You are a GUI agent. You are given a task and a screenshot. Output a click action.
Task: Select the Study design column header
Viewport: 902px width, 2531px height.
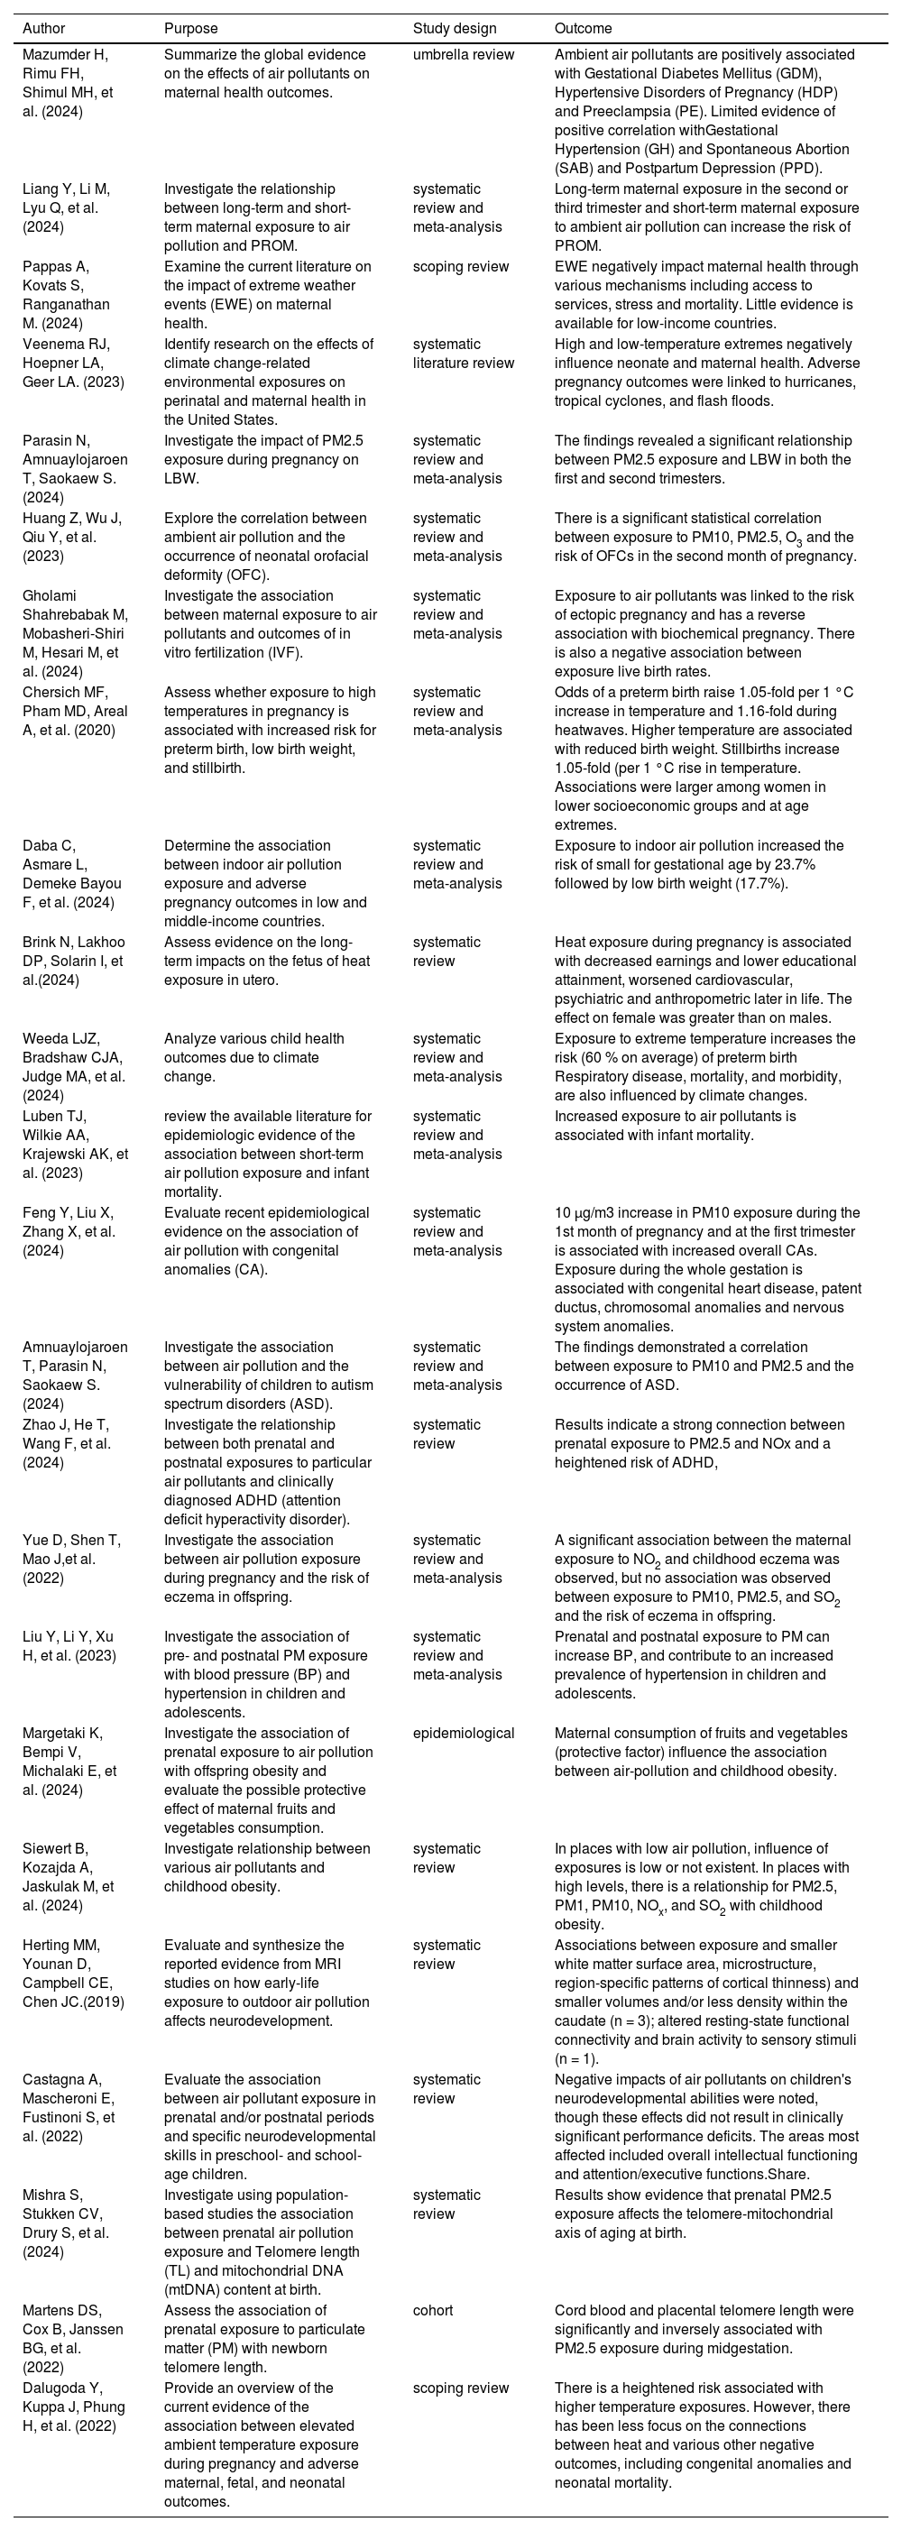pos(455,30)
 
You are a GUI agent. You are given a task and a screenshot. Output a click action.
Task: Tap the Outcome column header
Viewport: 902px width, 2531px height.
pos(583,30)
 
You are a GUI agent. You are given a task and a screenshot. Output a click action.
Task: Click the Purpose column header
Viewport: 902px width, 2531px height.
pos(190,30)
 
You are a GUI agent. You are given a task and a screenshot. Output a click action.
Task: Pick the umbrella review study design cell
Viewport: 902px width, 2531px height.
pos(463,55)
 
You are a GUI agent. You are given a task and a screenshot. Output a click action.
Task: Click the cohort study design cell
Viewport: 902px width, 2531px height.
pos(433,2311)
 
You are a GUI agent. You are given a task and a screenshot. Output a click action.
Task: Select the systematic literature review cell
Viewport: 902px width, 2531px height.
pos(463,354)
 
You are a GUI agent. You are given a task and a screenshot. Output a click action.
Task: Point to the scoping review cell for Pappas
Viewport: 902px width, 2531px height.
pos(461,267)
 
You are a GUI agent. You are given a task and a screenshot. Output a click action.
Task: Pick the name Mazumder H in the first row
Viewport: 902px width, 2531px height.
pos(65,55)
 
